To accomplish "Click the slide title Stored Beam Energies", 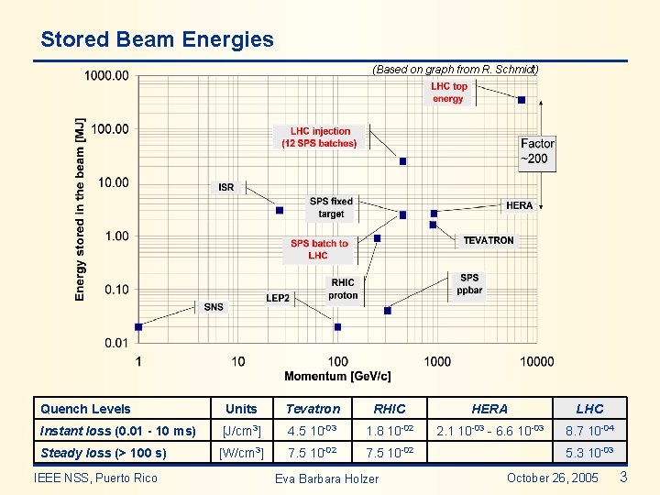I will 157,39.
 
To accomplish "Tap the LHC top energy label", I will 448,93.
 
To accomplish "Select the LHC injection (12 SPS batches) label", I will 319,137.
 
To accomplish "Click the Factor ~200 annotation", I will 537,151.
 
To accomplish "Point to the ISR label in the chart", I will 226,187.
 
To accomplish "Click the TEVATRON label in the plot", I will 489,240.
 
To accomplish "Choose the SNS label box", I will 214,307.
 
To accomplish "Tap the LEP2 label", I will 278,298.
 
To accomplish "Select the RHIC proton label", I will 343,289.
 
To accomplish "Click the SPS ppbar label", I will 469,284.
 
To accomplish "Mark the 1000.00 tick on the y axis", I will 107,76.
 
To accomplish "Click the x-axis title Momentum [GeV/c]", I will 337,376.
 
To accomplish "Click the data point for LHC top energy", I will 522,100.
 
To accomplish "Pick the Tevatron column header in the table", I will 313,409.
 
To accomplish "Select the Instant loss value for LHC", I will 589,431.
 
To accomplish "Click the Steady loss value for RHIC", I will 390,453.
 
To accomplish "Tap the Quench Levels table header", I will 86,409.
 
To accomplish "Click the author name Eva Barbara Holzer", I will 326,478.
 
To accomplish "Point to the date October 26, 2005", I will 552,478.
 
